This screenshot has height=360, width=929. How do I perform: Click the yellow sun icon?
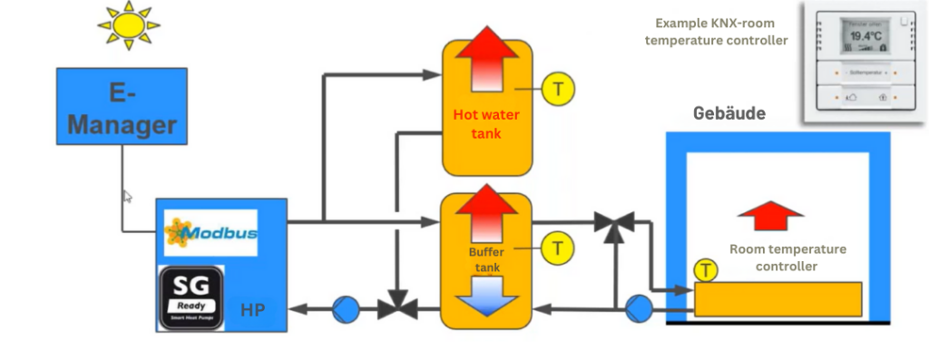(x=127, y=28)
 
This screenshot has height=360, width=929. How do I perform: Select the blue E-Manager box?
(x=121, y=107)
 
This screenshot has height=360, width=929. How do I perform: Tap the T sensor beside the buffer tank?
(x=558, y=246)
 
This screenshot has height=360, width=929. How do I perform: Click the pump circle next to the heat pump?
(x=345, y=309)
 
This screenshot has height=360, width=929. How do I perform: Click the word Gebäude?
(x=729, y=115)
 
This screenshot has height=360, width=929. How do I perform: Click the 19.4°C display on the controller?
(x=862, y=37)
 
